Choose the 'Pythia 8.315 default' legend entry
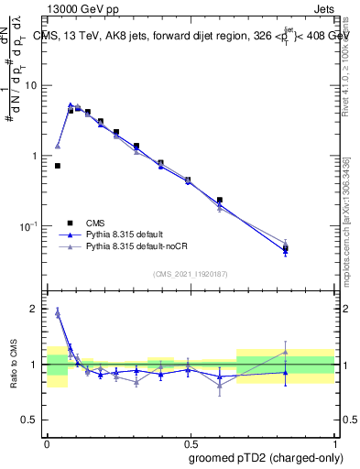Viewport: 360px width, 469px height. point(125,234)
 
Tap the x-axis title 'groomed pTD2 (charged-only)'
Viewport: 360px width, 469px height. point(265,457)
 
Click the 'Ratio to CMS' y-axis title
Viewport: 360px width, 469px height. point(13,364)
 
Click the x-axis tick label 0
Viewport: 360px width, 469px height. point(47,440)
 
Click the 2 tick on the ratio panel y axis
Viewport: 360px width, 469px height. point(38,309)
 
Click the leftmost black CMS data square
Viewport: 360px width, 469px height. point(58,166)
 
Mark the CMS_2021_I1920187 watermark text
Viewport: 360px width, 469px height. point(190,274)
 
